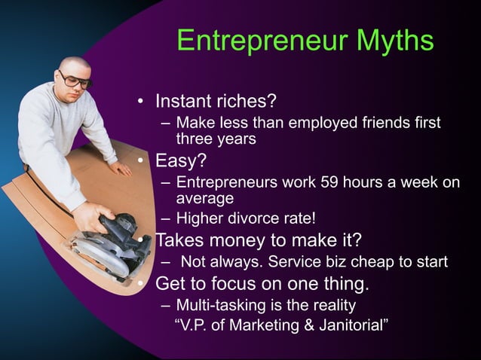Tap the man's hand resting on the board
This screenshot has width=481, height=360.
click(120, 169)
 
